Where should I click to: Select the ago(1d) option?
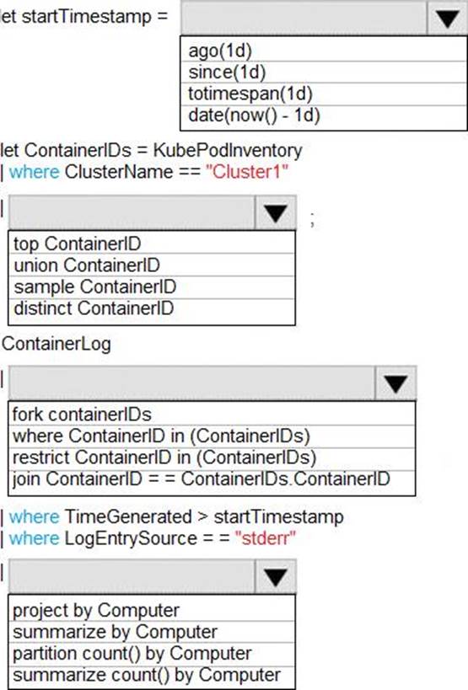click(220, 51)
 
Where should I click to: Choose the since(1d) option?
click(227, 72)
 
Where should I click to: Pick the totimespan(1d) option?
click(250, 94)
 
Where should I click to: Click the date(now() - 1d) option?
click(254, 115)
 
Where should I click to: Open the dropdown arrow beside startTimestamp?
click(447, 19)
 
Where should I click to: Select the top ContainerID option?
click(77, 243)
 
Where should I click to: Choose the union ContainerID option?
click(87, 265)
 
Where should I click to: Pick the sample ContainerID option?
click(94, 287)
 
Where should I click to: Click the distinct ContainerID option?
click(94, 308)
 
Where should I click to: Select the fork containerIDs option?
click(82, 415)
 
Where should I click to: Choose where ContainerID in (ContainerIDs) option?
click(161, 436)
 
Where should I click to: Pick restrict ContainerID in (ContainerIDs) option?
click(164, 457)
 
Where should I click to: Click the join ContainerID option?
click(202, 479)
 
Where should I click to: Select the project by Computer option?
click(96, 611)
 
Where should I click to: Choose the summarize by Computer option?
click(115, 633)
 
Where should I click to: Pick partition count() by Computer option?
click(132, 654)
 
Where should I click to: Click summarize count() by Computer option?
click(147, 676)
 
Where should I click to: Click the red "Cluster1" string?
click(247, 172)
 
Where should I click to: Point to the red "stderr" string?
click(266, 538)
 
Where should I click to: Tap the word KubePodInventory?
click(228, 151)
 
